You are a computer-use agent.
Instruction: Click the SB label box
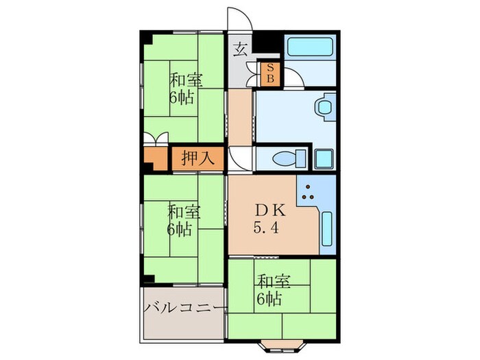click(269, 73)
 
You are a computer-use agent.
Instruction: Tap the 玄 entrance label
click(240, 49)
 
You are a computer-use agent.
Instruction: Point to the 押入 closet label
click(198, 158)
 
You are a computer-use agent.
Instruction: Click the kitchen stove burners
click(310, 193)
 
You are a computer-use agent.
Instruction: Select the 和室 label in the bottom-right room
click(273, 282)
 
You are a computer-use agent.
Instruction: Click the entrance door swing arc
click(238, 18)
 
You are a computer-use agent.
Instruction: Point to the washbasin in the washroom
click(323, 108)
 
